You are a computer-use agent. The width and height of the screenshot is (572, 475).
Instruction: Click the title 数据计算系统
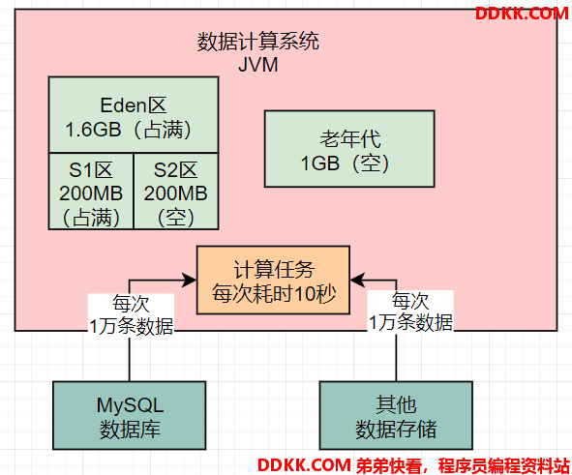point(257,42)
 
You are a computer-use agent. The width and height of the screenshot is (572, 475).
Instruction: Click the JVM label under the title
point(257,65)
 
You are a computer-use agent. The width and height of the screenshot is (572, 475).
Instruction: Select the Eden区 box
point(134,114)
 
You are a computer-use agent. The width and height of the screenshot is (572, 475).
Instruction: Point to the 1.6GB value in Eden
point(93,130)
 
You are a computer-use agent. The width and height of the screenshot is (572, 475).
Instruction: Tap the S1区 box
point(91,191)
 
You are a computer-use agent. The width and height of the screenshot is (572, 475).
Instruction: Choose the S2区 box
point(176,191)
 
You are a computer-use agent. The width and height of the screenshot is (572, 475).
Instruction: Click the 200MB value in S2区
point(176,193)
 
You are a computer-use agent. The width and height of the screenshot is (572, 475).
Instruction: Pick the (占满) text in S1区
point(91,218)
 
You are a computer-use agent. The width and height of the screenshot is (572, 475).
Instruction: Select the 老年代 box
point(349,149)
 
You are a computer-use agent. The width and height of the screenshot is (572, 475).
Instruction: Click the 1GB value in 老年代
point(320,163)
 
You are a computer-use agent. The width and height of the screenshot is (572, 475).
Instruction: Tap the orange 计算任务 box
point(273,280)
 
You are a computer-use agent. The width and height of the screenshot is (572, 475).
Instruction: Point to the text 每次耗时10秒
point(274,293)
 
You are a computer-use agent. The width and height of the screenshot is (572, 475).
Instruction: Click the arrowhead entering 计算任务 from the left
point(190,280)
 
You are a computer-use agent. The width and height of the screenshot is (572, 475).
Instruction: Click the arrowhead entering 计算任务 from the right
point(357,280)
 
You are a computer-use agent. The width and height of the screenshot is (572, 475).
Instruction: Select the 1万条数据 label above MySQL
point(132,326)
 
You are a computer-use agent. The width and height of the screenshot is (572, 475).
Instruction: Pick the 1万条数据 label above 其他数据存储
point(410,323)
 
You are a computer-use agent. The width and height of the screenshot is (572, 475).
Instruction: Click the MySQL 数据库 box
point(130,416)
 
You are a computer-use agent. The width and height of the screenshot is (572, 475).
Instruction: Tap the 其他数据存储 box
point(396,416)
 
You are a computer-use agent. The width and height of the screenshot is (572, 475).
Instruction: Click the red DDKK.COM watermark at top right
point(522,14)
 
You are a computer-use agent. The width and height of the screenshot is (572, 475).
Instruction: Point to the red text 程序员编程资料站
point(504,465)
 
